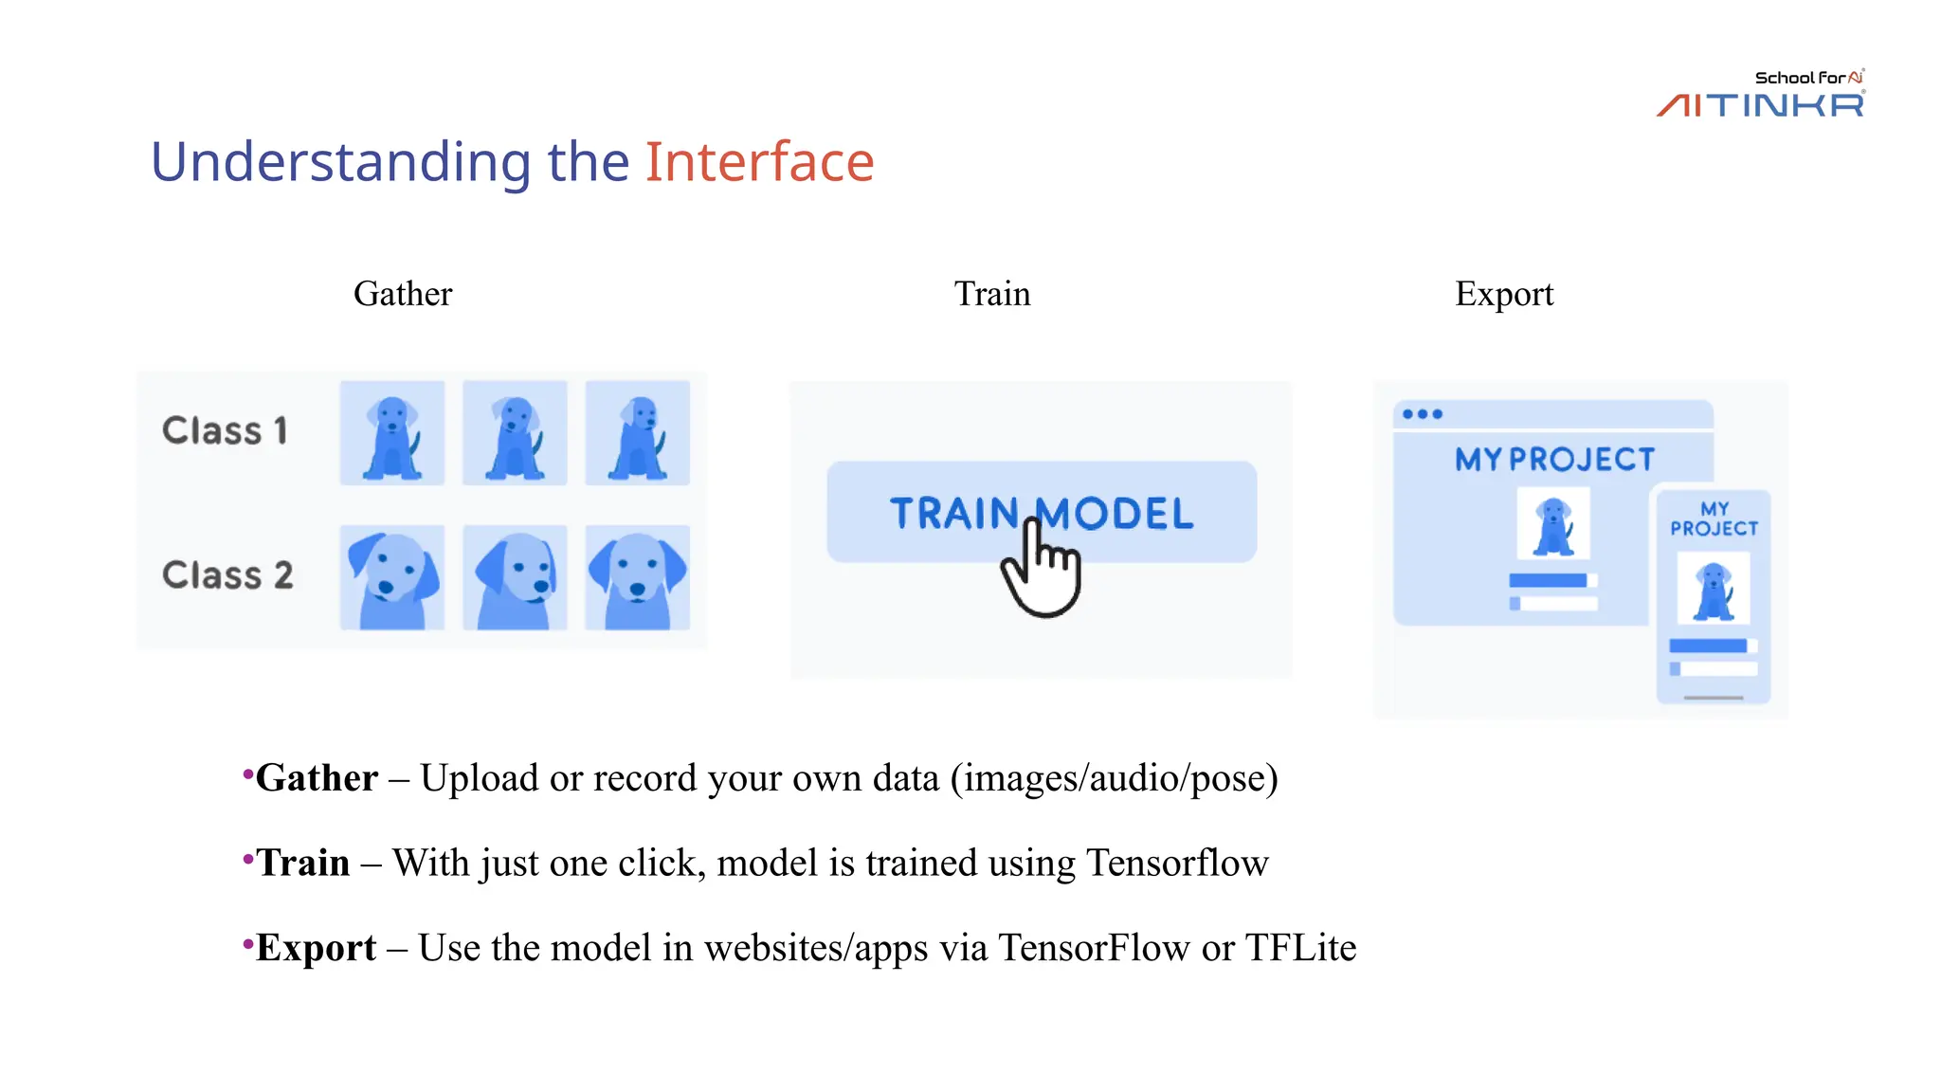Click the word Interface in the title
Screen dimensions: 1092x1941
[759, 162]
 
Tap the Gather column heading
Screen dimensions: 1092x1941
[403, 294]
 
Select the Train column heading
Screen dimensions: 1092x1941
[991, 294]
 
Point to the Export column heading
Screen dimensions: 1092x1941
[1504, 294]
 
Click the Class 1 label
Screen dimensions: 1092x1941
[225, 431]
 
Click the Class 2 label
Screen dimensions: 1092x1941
[227, 575]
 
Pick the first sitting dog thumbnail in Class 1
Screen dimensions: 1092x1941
[392, 433]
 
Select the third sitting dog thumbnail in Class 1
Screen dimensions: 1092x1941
[637, 433]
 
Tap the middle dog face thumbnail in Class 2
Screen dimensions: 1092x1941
[515, 577]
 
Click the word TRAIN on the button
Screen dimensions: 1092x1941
[953, 514]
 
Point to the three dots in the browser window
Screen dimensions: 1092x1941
[1423, 414]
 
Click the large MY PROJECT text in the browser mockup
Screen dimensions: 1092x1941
[1554, 460]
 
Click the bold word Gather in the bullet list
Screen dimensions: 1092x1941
[317, 778]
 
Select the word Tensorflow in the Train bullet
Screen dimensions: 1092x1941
[1177, 864]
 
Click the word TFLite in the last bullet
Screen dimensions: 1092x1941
[1300, 948]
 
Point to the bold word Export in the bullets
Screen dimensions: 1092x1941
[316, 948]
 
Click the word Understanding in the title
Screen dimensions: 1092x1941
[341, 162]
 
